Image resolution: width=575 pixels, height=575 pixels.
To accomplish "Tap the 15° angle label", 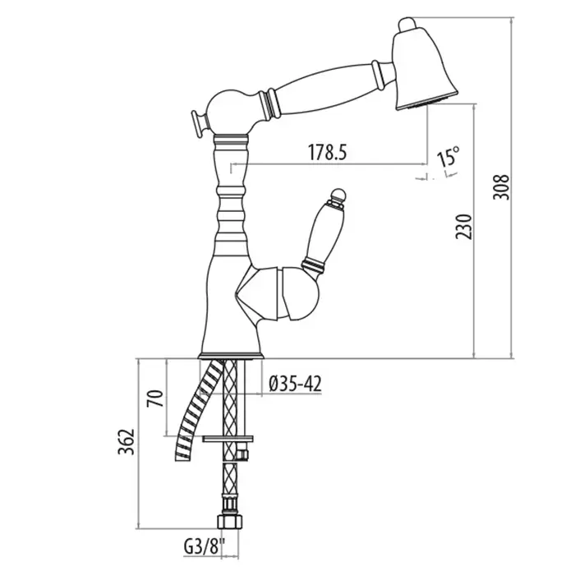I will coord(448,156).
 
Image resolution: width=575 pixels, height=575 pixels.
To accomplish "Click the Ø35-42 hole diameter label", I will coord(295,382).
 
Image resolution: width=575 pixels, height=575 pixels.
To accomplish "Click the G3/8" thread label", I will coord(200,544).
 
